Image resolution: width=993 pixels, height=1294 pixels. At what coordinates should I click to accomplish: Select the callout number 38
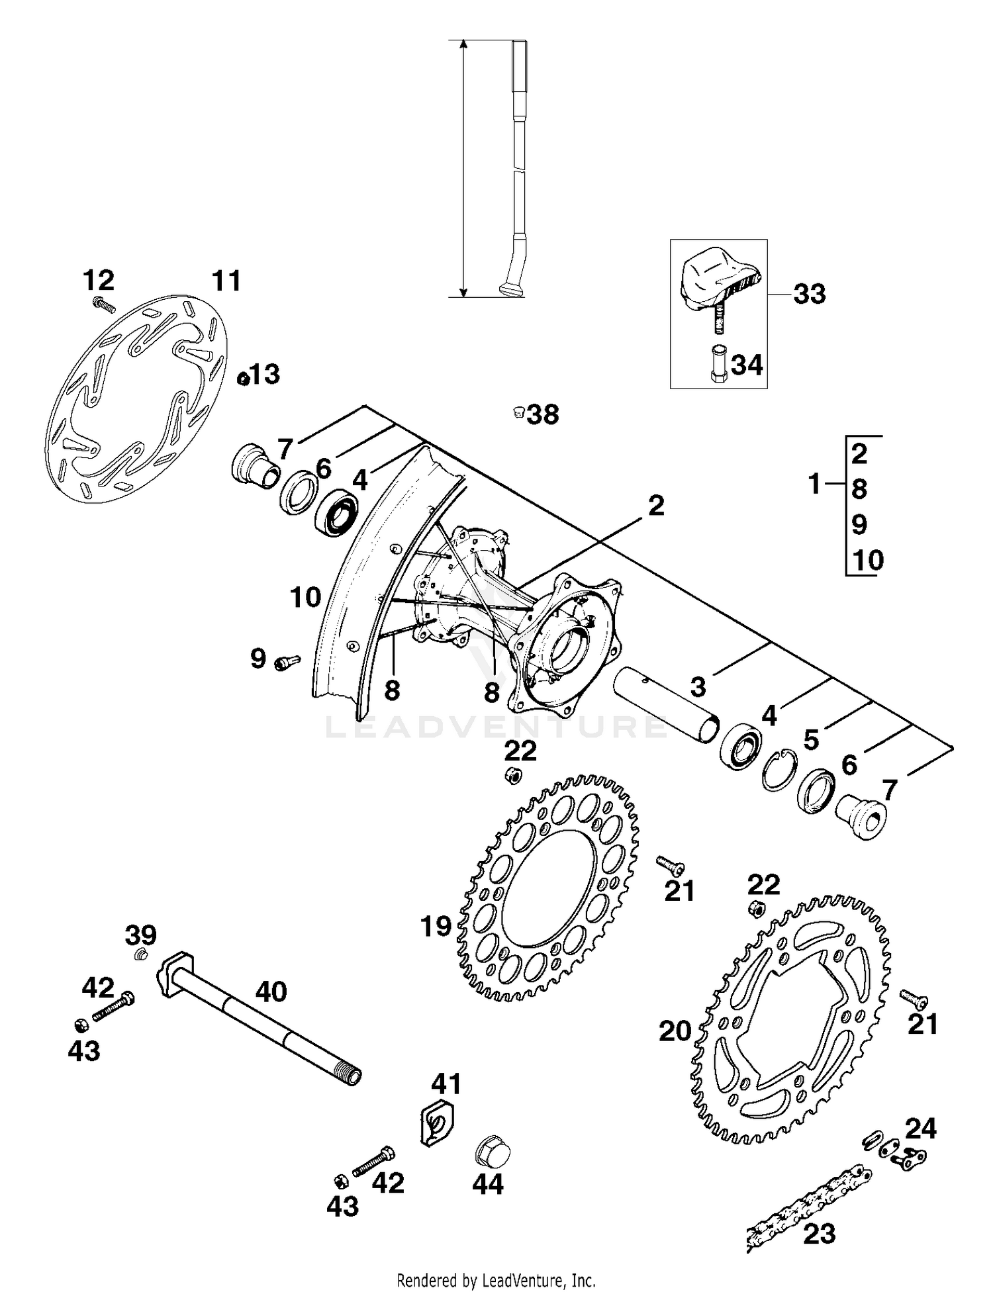click(544, 415)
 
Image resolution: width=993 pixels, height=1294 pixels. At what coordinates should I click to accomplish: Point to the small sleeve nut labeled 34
click(719, 364)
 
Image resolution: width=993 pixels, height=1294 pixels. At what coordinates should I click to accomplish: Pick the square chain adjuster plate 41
click(436, 1121)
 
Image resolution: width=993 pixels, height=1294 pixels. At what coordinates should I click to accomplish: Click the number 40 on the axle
click(271, 992)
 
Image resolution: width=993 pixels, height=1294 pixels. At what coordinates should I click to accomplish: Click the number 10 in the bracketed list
click(868, 561)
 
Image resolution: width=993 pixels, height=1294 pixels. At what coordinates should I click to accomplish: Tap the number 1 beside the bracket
click(815, 485)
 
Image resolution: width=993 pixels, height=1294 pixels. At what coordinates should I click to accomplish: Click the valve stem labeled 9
click(287, 661)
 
